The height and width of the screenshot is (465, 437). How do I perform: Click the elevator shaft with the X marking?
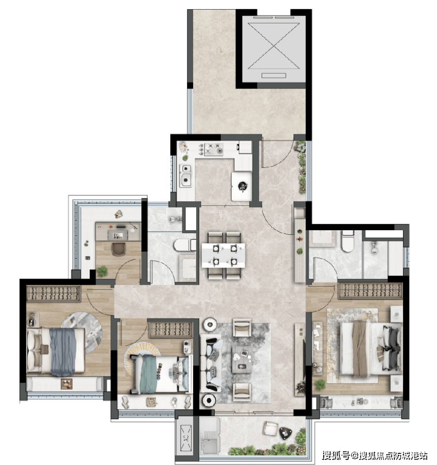pyautogui.click(x=274, y=49)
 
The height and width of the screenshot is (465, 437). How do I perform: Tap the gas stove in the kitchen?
pyautogui.click(x=213, y=149)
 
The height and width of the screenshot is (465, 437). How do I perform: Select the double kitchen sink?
pyautogui.click(x=186, y=175)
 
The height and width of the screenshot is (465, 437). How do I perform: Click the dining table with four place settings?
pyautogui.click(x=224, y=255)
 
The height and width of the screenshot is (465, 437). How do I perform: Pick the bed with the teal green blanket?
pyautogui.click(x=160, y=374)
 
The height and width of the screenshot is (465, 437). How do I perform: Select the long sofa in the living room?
pyautogui.click(x=211, y=363)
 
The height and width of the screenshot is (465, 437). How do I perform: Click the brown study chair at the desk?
pyautogui.click(x=119, y=249)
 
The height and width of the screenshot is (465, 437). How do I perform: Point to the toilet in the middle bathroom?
pyautogui.click(x=184, y=245)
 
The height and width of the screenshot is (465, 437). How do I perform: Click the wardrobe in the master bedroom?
pyautogui.click(x=370, y=290)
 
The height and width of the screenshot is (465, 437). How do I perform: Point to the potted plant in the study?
pyautogui.click(x=102, y=271)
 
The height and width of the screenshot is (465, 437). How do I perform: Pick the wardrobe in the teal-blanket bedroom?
pyautogui.click(x=171, y=329)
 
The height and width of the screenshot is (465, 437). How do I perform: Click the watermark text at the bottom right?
pyautogui.click(x=374, y=455)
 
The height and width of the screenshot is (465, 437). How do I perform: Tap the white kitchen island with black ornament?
pyautogui.click(x=242, y=186)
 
